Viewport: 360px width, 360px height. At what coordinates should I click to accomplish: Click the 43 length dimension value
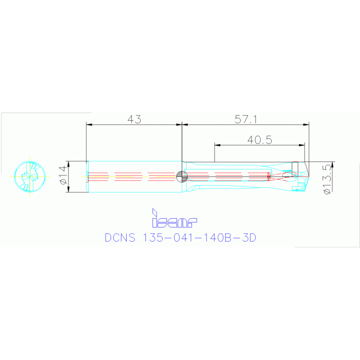pyautogui.click(x=134, y=119)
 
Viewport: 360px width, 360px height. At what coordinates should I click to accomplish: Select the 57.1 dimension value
pyautogui.click(x=246, y=119)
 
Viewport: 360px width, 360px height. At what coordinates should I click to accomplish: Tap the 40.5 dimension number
pyautogui.click(x=260, y=139)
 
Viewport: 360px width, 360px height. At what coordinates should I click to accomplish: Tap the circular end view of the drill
pyautogui.click(x=31, y=176)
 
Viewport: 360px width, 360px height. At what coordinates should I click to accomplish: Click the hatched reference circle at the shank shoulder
pyautogui.click(x=182, y=176)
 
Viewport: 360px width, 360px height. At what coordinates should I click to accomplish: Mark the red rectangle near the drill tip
pyautogui.click(x=295, y=169)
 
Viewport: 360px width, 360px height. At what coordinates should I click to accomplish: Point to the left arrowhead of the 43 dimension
pyautogui.click(x=89, y=124)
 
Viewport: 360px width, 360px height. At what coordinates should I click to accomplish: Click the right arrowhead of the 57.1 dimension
pyautogui.click(x=306, y=124)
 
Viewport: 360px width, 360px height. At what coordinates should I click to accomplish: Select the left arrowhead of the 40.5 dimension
pyautogui.click(x=217, y=145)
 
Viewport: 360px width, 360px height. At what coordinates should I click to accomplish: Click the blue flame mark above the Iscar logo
pyautogui.click(x=153, y=213)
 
